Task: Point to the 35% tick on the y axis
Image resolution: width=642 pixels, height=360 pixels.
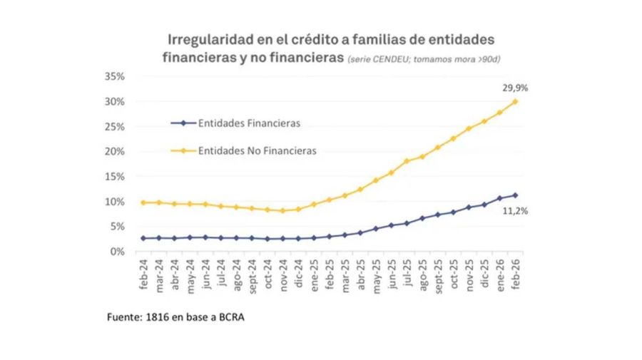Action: [x=114, y=76]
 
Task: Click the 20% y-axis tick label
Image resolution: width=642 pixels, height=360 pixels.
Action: [x=114, y=152]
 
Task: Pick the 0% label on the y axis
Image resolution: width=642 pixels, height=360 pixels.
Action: [x=117, y=252]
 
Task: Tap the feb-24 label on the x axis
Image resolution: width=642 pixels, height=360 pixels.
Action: [x=144, y=274]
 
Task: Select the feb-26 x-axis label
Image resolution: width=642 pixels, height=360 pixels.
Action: [x=516, y=274]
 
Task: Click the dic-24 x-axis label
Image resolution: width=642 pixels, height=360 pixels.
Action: [x=298, y=274]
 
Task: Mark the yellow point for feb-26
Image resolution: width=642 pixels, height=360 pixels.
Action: [x=515, y=101]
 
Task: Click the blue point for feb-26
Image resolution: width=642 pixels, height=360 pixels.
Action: [x=515, y=195]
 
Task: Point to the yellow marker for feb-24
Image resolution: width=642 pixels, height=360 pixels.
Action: [x=143, y=202]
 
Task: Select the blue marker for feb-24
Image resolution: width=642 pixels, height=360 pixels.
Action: [x=143, y=238]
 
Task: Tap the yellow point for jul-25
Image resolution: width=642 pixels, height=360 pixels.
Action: [x=407, y=161]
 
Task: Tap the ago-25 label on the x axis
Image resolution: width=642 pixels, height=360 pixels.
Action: [x=422, y=274]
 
